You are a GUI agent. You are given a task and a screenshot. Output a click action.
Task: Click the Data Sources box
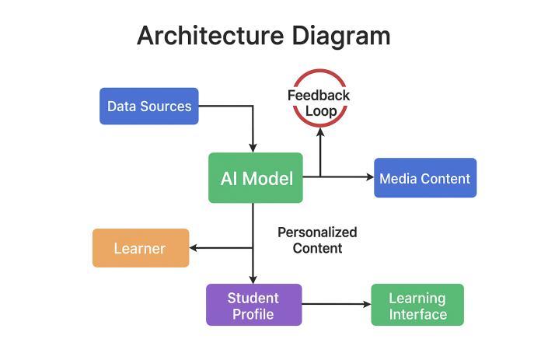tap(148, 106)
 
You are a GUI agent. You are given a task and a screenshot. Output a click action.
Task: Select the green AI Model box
tap(255, 178)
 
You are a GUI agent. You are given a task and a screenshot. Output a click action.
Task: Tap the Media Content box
tap(424, 178)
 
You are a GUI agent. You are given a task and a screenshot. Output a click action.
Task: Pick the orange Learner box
tap(140, 248)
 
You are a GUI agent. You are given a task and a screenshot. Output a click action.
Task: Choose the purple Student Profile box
tap(253, 305)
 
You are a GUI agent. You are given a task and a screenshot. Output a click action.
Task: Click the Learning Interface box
tap(417, 305)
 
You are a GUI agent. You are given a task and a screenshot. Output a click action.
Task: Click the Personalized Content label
tap(317, 240)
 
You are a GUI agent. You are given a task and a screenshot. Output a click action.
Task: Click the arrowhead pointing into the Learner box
tap(194, 248)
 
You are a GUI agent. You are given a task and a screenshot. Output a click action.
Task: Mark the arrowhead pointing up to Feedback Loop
tap(319, 131)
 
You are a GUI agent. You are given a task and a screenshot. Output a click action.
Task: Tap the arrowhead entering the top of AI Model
tap(253, 148)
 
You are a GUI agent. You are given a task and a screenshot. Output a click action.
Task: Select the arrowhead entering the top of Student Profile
tap(253, 279)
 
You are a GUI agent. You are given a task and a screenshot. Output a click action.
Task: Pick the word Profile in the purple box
tap(253, 314)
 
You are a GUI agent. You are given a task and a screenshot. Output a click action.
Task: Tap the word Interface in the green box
tap(417, 314)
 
